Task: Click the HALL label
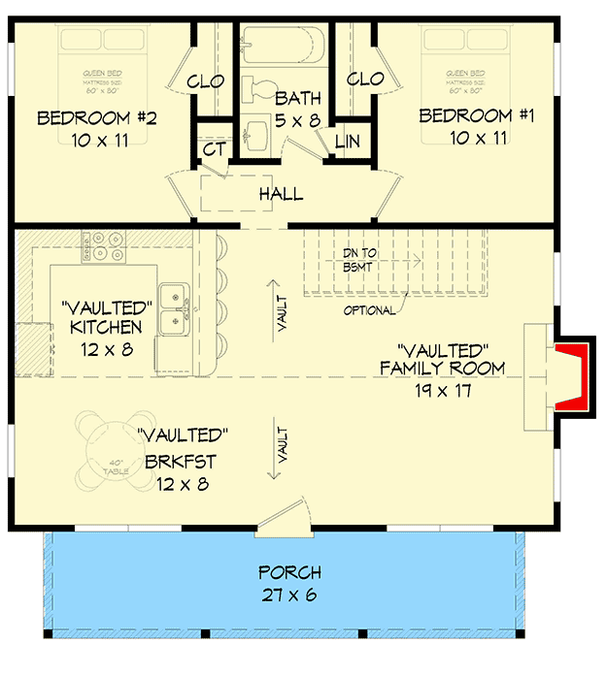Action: pyautogui.click(x=281, y=195)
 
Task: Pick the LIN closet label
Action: pyautogui.click(x=347, y=142)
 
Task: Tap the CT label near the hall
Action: pyautogui.click(x=215, y=150)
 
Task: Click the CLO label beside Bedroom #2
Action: pyautogui.click(x=207, y=80)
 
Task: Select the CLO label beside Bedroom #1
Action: pyautogui.click(x=365, y=79)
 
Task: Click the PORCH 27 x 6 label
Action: pyautogui.click(x=289, y=583)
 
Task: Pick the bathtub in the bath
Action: pyautogui.click(x=287, y=46)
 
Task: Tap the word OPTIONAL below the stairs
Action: pyautogui.click(x=369, y=311)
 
